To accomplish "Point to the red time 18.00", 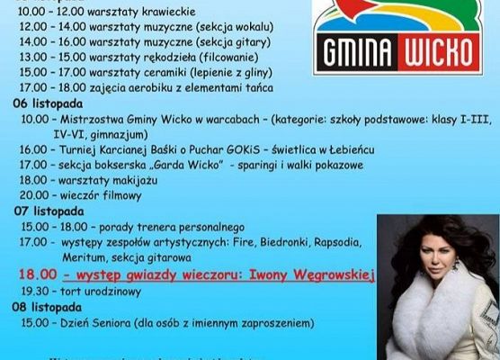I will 38,276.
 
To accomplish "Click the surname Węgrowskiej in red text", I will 328,276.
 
